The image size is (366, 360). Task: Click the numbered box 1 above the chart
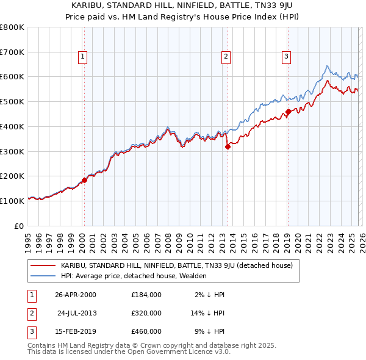click(82, 57)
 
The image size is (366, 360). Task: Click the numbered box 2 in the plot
click(226, 57)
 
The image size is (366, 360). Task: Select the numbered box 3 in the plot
click(286, 57)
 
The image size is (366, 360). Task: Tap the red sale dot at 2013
click(228, 146)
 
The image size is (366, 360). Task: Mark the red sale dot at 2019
click(288, 112)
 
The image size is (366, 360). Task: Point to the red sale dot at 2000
click(84, 180)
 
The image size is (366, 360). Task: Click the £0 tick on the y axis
click(18, 226)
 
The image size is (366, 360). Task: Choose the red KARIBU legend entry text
click(177, 265)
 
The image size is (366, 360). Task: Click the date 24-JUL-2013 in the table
click(77, 313)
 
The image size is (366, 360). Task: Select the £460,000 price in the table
click(146, 331)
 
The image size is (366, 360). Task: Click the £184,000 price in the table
click(146, 295)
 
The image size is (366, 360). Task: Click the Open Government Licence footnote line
click(129, 352)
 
